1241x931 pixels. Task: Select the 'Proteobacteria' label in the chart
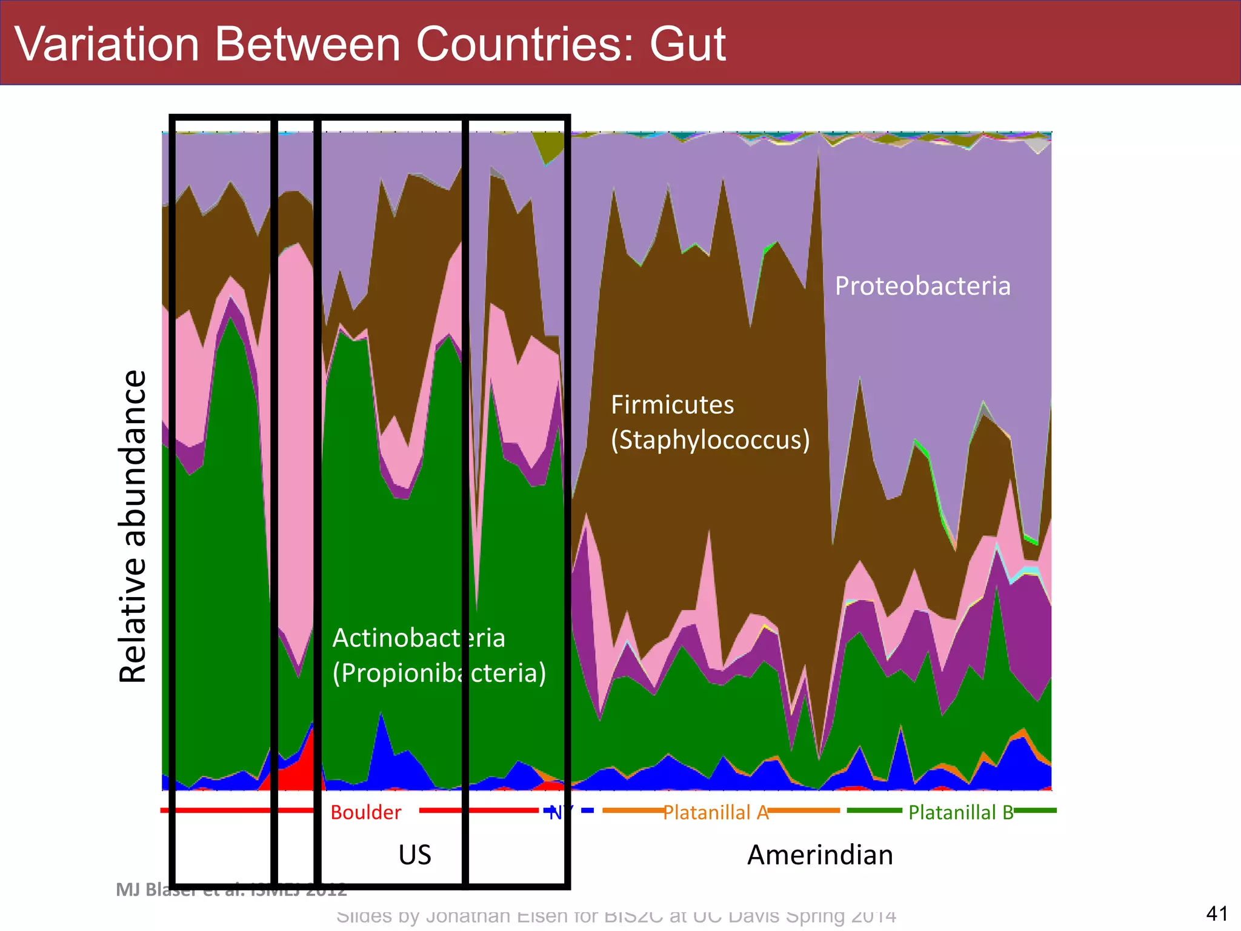pyautogui.click(x=922, y=286)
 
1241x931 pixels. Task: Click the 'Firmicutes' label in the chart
pyautogui.click(x=672, y=405)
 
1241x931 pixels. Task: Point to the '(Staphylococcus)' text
pyautogui.click(x=710, y=440)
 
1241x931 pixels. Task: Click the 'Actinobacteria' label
pyautogui.click(x=418, y=638)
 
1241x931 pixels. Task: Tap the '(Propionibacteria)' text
pyautogui.click(x=439, y=673)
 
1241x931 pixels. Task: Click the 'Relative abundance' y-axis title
pyautogui.click(x=133, y=526)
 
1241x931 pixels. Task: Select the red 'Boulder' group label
pyautogui.click(x=365, y=812)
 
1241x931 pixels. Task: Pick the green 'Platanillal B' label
pyautogui.click(x=960, y=812)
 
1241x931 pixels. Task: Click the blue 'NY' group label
pyautogui.click(x=556, y=812)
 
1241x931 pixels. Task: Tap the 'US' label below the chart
pyautogui.click(x=414, y=855)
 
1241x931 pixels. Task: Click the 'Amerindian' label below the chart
pyautogui.click(x=820, y=855)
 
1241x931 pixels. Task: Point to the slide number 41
pyautogui.click(x=1217, y=913)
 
